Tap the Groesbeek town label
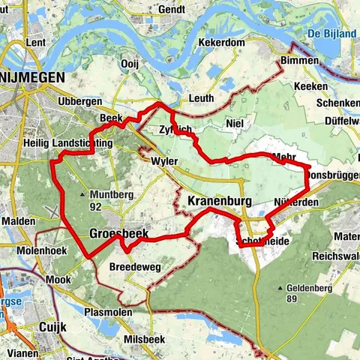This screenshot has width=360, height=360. pyautogui.click(x=119, y=234)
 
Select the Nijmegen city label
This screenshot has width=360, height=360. pyautogui.click(x=32, y=78)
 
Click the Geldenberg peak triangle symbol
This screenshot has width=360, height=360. pyautogui.click(x=280, y=288)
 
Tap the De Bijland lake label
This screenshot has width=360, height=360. pyautogui.click(x=331, y=34)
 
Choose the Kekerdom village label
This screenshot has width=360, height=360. pyautogui.click(x=222, y=43)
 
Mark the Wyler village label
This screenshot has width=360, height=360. pyautogui.click(x=164, y=161)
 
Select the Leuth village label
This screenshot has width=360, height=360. pyautogui.click(x=200, y=99)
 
